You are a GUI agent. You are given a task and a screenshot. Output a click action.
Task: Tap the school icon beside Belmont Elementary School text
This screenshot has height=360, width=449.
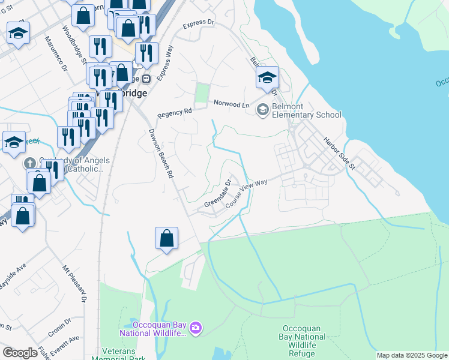tap(262, 110)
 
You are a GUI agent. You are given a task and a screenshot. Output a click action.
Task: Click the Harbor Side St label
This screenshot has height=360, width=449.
tap(340, 154)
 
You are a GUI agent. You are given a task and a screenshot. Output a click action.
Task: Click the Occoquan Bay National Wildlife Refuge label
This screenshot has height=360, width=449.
tap(304, 341)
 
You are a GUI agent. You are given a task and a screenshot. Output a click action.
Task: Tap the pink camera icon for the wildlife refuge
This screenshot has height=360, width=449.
tap(195, 328)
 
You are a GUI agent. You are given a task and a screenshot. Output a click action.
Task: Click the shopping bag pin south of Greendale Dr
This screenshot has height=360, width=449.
tap(166, 238)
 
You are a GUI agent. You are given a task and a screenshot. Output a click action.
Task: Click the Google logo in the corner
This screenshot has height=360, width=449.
tap(20, 353)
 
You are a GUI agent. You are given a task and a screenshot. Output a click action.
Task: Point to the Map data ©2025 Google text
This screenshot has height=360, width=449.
tap(412, 355)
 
